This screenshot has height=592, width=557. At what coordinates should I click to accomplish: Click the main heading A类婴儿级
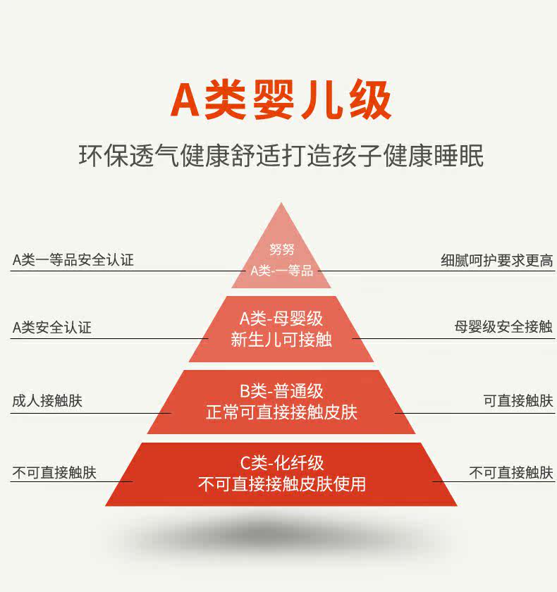point(281,101)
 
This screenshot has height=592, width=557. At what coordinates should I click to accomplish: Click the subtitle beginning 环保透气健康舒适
point(281,156)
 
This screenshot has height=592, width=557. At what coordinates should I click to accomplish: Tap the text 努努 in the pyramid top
point(281,249)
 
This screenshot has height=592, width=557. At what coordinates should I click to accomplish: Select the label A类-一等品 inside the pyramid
point(281,271)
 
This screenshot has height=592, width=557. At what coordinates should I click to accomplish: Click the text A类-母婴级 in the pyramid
point(281,318)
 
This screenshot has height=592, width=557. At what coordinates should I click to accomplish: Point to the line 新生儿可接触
point(281,340)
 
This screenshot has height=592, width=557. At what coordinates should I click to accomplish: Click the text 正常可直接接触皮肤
point(281,412)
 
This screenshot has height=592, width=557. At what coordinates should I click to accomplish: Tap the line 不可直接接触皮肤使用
point(281,484)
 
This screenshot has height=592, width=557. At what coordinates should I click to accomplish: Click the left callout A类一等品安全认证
point(73,260)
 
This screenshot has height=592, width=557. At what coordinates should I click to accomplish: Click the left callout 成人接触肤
point(47,401)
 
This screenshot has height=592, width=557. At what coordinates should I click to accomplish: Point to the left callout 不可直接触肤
point(54,473)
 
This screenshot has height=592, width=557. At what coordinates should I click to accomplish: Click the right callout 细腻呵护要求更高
point(497,260)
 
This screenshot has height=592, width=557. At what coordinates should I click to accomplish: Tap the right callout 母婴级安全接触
point(503,328)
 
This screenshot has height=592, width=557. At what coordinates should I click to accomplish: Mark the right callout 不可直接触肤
point(511,473)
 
